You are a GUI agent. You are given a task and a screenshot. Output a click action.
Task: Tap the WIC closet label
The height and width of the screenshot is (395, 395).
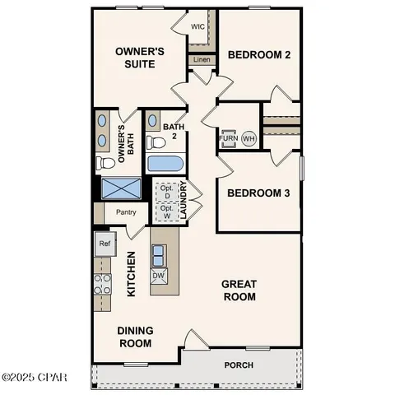click(x=197, y=26)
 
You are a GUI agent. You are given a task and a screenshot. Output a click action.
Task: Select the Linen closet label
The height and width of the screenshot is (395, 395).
click(x=201, y=59)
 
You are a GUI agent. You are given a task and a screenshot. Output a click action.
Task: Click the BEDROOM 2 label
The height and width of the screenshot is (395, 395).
click(x=259, y=55)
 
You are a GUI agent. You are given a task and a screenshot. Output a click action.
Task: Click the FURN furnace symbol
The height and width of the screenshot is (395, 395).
click(x=228, y=138)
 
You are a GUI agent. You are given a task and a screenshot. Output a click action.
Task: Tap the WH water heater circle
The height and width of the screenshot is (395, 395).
click(x=249, y=138)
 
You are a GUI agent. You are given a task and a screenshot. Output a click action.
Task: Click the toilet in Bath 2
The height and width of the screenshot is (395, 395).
click(x=154, y=142)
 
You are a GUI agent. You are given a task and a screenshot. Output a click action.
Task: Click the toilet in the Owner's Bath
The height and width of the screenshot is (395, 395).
click(x=104, y=162)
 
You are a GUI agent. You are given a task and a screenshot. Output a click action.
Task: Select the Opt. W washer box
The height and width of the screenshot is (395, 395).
click(x=166, y=211)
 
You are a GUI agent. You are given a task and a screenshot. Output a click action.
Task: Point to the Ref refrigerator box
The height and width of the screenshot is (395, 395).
click(x=104, y=244)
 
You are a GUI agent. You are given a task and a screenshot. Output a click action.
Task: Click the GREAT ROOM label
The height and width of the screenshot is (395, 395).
click(x=239, y=290)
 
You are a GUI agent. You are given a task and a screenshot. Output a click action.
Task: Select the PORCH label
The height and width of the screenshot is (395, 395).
click(x=239, y=365)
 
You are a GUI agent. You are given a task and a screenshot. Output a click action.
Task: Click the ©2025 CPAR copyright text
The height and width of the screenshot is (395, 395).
click(x=35, y=378)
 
